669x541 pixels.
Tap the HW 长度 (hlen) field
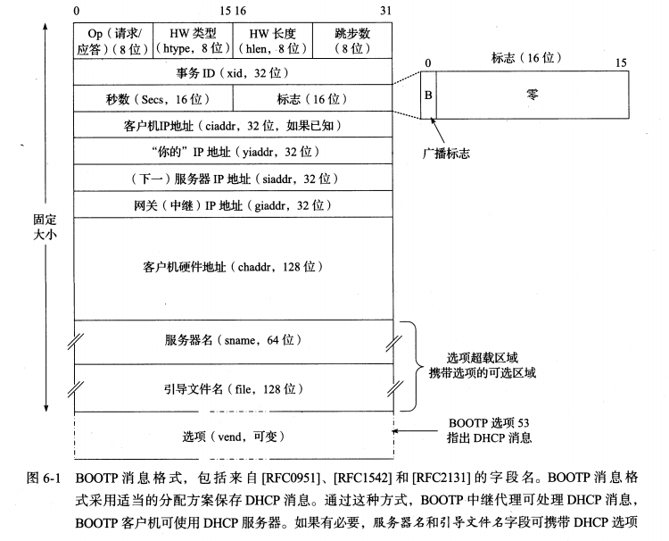274,41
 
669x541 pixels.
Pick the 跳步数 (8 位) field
353,41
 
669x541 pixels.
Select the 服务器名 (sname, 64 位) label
234,340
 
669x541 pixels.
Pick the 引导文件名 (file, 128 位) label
234,388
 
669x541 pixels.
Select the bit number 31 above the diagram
385,10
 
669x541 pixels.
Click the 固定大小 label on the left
38,223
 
